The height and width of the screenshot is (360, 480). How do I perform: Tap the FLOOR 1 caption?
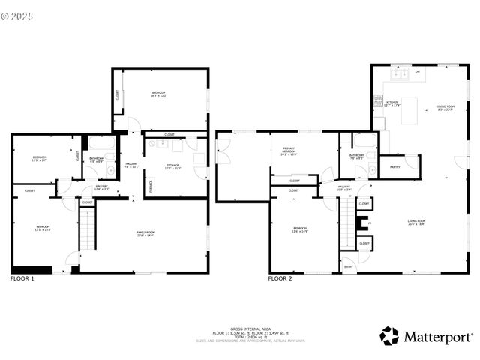point(22,278)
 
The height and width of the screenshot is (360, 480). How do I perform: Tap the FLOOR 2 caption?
point(280,278)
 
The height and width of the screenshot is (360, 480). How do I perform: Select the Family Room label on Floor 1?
point(145,234)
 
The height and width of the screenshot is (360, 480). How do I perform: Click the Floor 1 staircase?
point(89,229)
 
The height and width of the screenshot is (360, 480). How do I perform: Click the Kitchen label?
point(391,104)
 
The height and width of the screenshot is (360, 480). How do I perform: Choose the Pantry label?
point(393,168)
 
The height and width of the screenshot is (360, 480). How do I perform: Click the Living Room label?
point(416,222)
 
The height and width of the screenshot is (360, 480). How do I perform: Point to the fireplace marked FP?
point(358,223)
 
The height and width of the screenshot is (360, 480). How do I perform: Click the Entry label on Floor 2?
point(348,266)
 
